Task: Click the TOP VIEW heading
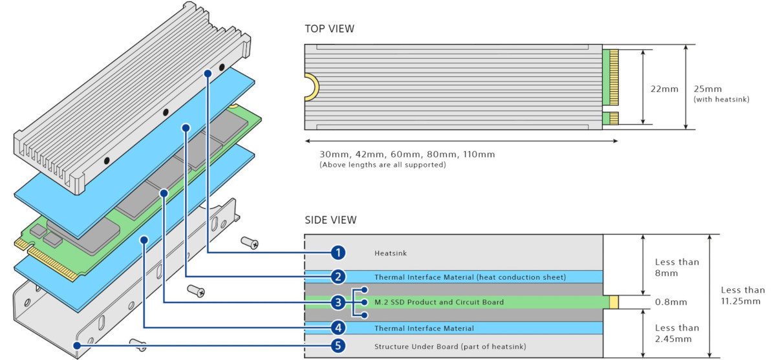tap(329, 28)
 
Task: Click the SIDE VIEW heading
tap(330, 220)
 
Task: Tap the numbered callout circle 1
tap(338, 253)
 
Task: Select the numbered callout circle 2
tap(338, 277)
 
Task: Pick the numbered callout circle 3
tap(338, 302)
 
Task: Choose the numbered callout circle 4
tap(338, 328)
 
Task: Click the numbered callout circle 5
tap(338, 346)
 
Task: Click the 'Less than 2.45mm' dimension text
tap(676, 333)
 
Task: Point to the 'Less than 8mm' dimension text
tap(676, 268)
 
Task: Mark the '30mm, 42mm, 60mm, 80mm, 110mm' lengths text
tap(407, 154)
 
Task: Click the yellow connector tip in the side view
tap(614, 302)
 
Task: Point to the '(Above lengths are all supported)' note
tap(383, 165)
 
